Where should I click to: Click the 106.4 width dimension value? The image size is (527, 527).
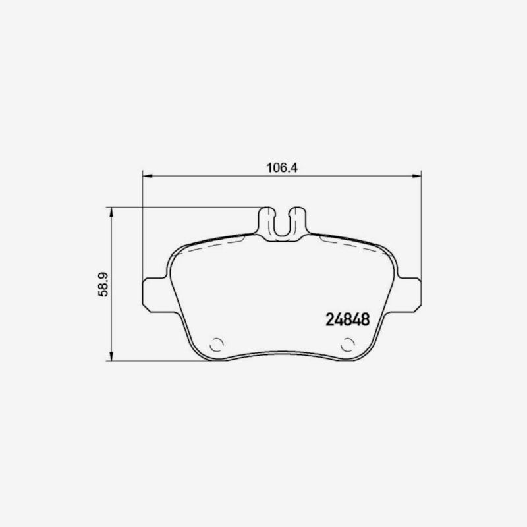pos(282,167)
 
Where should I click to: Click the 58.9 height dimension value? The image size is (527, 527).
pos(103,285)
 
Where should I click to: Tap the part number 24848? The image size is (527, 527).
pos(348,319)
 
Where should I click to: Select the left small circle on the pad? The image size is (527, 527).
pos(217,345)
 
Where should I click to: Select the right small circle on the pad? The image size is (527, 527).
pos(348,345)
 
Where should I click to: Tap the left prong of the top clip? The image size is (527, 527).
pos(267,220)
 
